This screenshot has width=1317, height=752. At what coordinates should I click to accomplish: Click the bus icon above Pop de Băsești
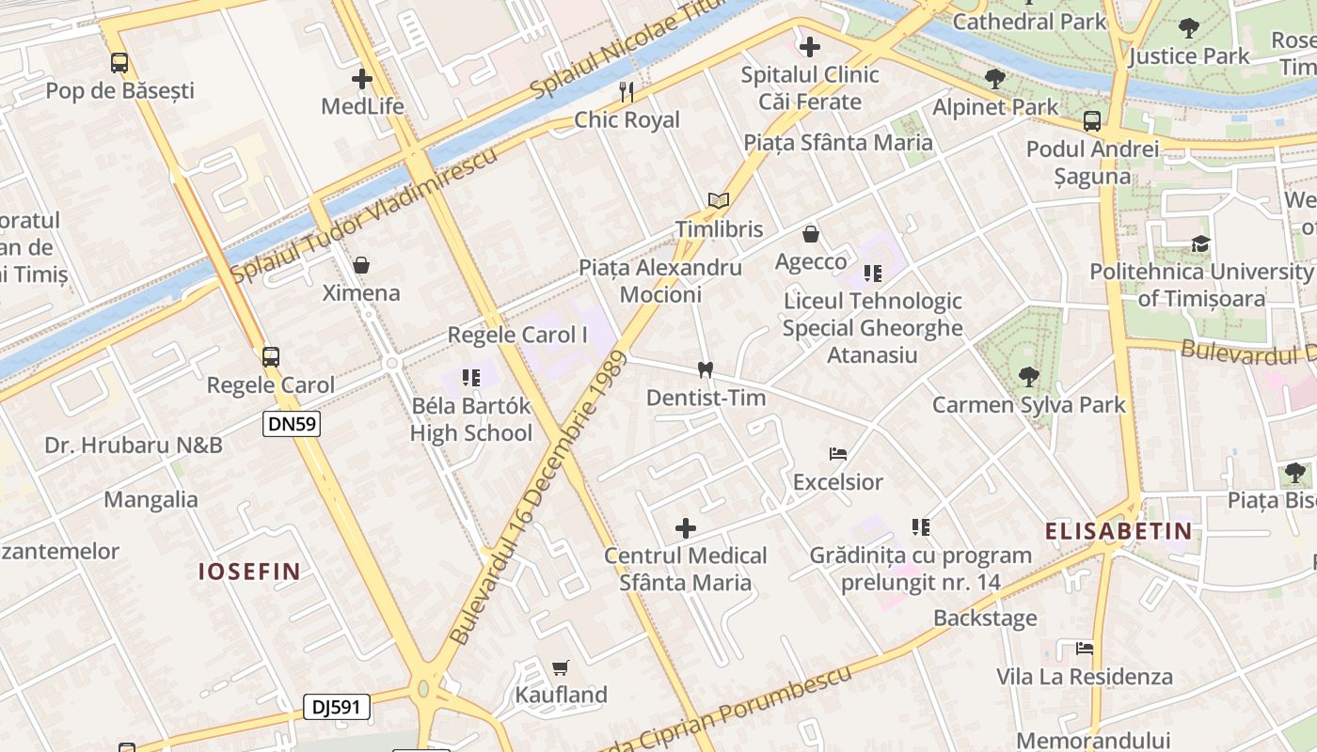point(119,63)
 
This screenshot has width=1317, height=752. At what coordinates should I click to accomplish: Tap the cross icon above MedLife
point(362,79)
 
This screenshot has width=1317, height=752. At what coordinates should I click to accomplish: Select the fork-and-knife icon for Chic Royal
point(627,91)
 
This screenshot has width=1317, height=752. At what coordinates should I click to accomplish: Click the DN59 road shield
point(292,424)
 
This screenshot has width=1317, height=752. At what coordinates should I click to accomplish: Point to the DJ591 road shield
point(336,707)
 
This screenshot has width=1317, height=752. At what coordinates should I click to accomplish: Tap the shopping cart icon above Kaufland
point(561,667)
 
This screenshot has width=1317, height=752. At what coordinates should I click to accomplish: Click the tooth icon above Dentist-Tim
point(705,370)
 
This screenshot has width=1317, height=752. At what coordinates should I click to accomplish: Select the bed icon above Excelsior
point(838,454)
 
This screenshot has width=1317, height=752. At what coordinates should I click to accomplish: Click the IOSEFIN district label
point(249,571)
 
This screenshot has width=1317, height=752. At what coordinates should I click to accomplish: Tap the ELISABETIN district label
point(1119,531)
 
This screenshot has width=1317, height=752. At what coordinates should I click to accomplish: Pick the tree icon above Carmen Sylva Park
point(1028,377)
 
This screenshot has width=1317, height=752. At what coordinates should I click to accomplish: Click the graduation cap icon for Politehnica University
point(1200,244)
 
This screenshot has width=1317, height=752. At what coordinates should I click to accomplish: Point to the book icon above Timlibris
point(719,200)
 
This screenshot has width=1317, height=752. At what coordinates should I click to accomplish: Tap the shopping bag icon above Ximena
point(360,265)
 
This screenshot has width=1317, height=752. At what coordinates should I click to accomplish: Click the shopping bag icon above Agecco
point(811,234)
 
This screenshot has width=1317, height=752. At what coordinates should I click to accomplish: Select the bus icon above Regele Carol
point(271,357)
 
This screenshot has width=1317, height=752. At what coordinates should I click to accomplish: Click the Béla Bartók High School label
point(471,419)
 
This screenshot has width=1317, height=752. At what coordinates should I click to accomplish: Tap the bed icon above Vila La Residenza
point(1085,649)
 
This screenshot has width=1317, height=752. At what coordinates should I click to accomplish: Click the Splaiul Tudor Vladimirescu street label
point(364,215)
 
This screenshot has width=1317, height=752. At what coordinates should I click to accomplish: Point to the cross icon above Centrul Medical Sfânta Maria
point(686,527)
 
